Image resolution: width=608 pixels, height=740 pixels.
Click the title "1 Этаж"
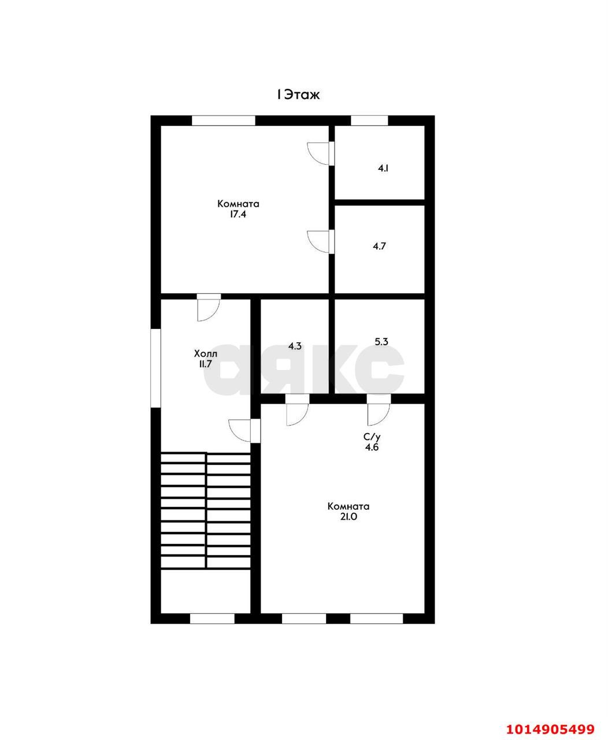(x=298, y=95)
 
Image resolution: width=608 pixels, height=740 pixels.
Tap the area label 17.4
(x=238, y=214)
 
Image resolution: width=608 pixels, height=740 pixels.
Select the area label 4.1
(x=383, y=168)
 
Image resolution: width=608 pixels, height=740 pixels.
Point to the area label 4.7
(x=379, y=246)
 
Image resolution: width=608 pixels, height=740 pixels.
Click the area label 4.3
(x=295, y=346)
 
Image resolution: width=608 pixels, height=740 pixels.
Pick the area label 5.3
(x=381, y=342)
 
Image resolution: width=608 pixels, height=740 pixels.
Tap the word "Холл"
(x=206, y=353)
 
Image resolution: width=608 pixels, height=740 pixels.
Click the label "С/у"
(x=372, y=437)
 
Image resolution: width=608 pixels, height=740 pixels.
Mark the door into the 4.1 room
(x=321, y=153)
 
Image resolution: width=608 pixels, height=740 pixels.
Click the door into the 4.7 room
(x=321, y=242)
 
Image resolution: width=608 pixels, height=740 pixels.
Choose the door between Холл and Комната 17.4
(x=209, y=308)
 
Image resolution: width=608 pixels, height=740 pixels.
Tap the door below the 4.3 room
(x=297, y=410)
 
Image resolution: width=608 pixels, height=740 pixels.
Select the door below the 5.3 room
(x=379, y=410)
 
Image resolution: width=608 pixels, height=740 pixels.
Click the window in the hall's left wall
(x=155, y=368)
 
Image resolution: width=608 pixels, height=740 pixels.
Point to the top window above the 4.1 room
(x=369, y=120)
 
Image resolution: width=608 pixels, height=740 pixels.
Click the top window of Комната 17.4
(x=224, y=120)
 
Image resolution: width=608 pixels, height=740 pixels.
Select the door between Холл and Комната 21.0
(x=244, y=431)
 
